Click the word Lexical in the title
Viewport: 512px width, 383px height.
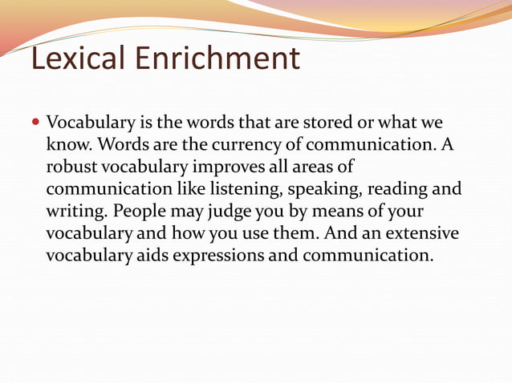point(78,58)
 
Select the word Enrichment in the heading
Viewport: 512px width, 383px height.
point(217,58)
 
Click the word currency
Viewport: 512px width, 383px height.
point(234,147)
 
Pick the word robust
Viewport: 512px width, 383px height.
point(71,168)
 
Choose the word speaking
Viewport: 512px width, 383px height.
point(325,191)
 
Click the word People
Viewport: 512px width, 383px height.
point(142,212)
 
